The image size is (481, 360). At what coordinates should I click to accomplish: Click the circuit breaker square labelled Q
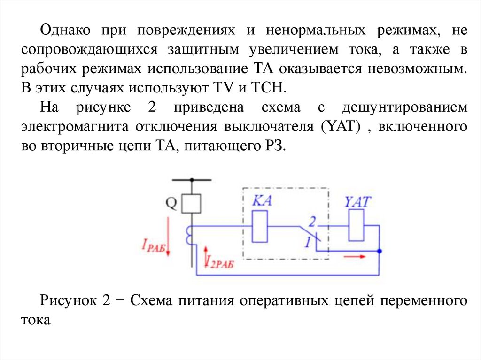point(192,204)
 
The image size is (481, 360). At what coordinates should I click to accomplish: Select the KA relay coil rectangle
point(260,227)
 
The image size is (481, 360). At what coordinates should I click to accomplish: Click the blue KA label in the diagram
point(262,201)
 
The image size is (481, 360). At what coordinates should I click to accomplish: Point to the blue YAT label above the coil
point(357,202)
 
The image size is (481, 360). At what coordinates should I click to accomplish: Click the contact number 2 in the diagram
point(312,221)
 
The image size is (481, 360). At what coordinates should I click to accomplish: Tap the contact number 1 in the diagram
point(308,242)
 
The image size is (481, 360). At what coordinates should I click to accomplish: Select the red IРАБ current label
point(153,245)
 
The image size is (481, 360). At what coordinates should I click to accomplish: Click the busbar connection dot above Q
point(192,180)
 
